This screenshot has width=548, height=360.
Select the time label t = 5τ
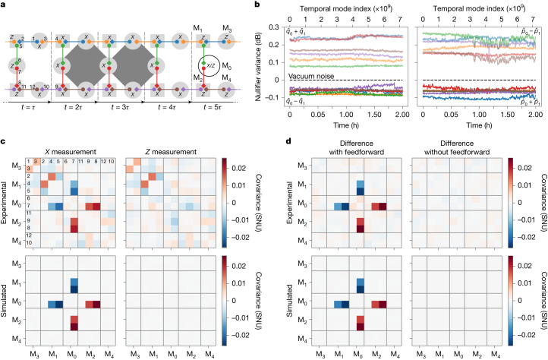coord(215,109)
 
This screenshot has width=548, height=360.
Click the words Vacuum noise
coord(310,77)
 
